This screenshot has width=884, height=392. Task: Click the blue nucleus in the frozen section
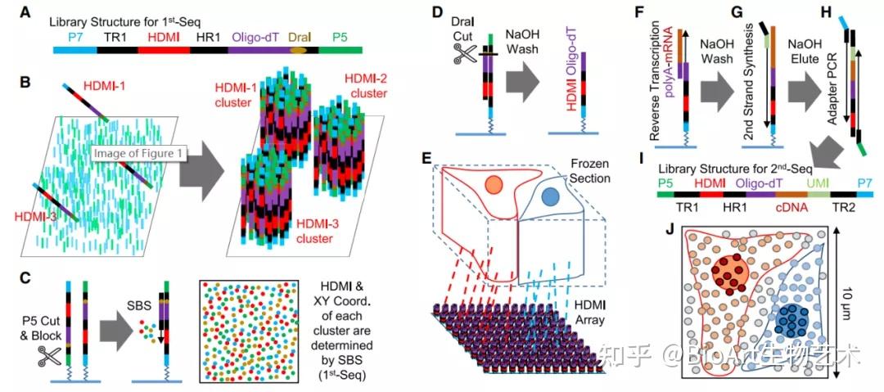pos(550,196)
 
